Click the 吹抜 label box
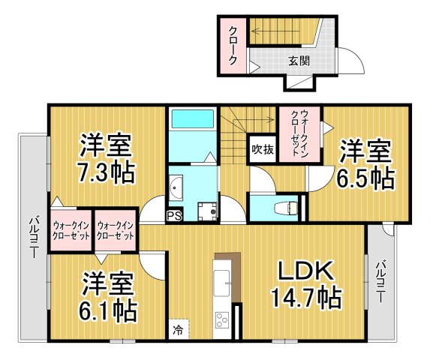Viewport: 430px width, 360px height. click(263, 148)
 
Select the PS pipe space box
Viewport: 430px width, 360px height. click(173, 216)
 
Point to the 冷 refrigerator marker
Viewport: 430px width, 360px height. click(179, 328)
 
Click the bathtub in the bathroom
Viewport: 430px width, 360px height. click(192, 121)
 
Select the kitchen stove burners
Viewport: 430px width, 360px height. click(224, 322)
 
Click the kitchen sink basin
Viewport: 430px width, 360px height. click(224, 283)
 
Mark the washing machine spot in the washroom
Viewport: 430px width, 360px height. click(206, 211)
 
